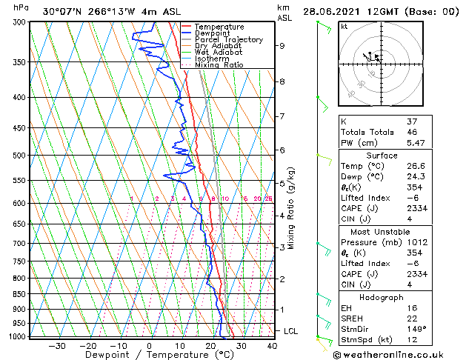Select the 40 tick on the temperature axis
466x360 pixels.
click(272, 345)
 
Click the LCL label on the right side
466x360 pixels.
click(290, 331)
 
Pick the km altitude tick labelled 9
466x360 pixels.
click(282, 45)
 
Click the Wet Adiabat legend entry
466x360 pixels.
click(219, 53)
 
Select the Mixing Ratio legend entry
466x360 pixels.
click(219, 65)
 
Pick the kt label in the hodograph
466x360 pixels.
click(344, 27)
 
